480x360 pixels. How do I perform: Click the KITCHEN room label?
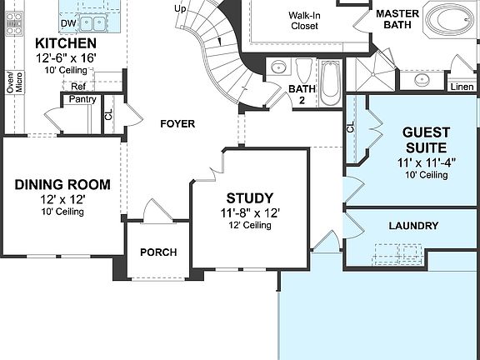(65, 42)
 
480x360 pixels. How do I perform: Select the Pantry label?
(82, 99)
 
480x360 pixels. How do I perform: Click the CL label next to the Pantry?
(108, 115)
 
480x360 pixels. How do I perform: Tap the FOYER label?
(177, 124)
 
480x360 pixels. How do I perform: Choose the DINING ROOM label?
(62, 184)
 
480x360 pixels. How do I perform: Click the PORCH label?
(157, 252)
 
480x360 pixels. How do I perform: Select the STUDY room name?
(249, 198)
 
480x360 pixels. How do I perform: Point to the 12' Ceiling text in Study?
(249, 225)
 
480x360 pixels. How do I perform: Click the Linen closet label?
(461, 86)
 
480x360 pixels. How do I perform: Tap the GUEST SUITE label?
(426, 140)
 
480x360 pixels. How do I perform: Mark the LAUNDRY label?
(413, 226)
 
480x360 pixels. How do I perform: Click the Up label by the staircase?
(180, 8)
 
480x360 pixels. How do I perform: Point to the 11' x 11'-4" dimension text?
(426, 162)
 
